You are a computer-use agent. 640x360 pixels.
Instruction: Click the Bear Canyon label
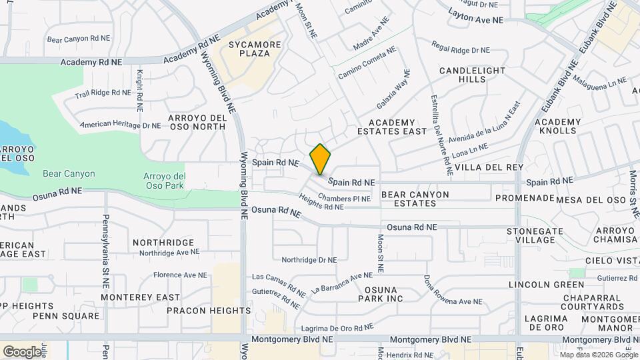click(69, 174)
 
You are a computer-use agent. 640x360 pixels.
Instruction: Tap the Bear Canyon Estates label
click(415, 199)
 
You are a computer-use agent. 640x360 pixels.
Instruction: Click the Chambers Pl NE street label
click(344, 198)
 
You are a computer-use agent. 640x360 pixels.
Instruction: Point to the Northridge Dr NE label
click(309, 260)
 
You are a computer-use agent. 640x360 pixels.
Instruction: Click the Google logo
click(22, 351)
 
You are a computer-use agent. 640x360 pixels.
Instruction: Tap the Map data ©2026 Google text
click(599, 354)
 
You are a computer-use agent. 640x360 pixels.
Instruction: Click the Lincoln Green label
click(537, 285)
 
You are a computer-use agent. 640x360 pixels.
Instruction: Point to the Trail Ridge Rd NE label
click(103, 93)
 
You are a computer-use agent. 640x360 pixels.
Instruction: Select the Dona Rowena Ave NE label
click(453, 291)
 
